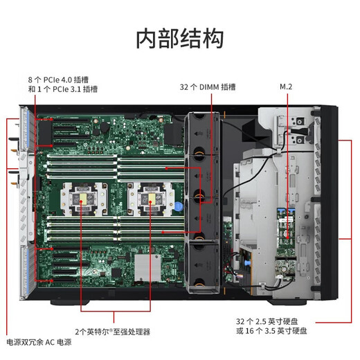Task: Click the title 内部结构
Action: (x=179, y=38)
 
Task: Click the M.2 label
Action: (x=287, y=87)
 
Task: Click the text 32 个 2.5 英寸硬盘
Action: (x=271, y=321)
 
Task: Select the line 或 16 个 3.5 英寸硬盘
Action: (x=271, y=332)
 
